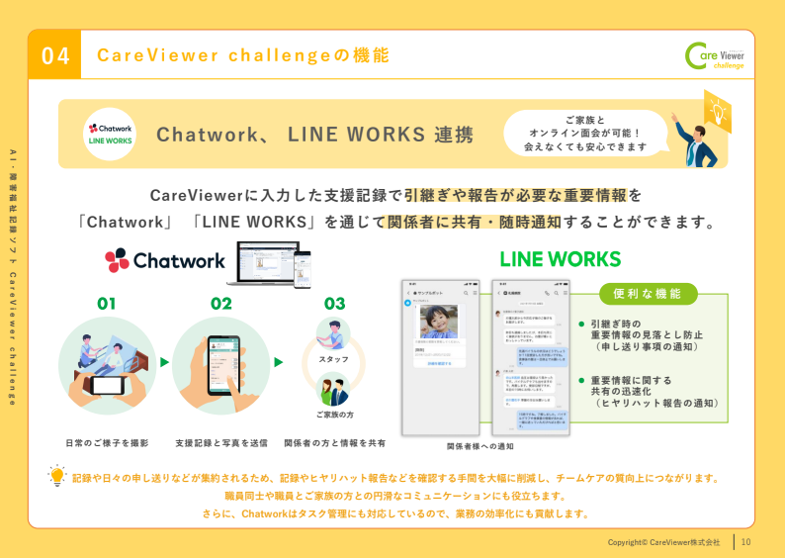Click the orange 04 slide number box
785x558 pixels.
click(x=54, y=55)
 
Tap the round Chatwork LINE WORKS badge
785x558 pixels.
click(x=111, y=134)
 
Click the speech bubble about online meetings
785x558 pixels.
click(x=585, y=133)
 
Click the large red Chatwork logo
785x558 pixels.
click(x=165, y=260)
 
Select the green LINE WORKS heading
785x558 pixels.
click(x=560, y=259)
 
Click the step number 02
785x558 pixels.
click(x=220, y=304)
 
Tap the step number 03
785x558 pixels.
click(x=334, y=304)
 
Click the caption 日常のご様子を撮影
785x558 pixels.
click(x=107, y=443)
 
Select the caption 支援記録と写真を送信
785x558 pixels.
click(x=220, y=443)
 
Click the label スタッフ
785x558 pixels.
click(x=334, y=358)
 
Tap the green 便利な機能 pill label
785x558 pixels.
click(x=648, y=294)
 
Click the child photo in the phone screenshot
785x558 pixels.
click(x=437, y=322)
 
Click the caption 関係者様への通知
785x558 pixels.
click(x=480, y=446)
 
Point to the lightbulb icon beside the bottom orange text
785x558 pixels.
click(x=57, y=476)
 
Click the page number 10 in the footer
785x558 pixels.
click(x=746, y=541)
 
